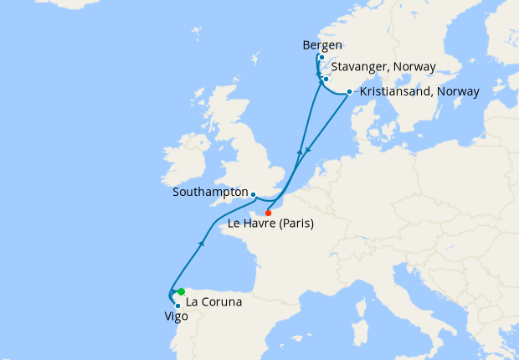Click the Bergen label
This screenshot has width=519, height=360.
[324, 45]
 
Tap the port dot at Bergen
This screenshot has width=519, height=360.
[321, 58]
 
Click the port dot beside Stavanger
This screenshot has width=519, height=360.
[326, 80]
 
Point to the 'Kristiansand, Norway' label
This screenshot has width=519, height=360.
[419, 91]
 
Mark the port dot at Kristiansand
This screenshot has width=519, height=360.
[349, 92]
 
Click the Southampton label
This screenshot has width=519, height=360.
[209, 192]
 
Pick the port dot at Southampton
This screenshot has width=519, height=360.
[254, 195]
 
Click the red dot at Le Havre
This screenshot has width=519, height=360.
[268, 213]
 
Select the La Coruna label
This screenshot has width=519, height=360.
[213, 301]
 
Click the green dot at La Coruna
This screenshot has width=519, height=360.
[181, 291]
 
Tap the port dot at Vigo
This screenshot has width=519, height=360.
[177, 306]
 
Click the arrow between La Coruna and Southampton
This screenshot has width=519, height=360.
[203, 243]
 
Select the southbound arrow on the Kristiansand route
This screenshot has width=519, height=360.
[308, 151]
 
